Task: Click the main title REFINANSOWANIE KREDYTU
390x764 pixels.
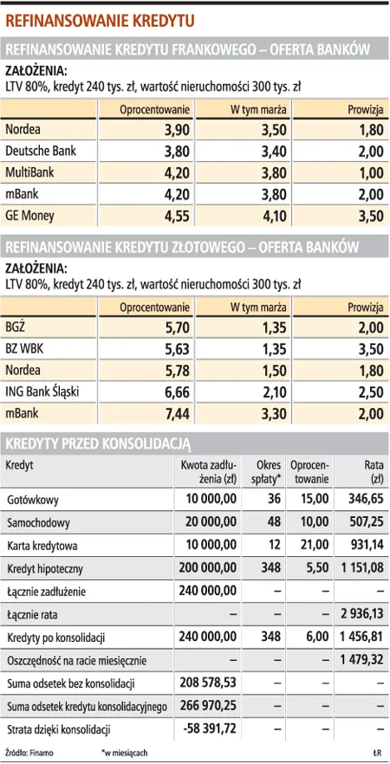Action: click(101, 19)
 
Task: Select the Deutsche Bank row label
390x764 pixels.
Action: click(40, 151)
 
